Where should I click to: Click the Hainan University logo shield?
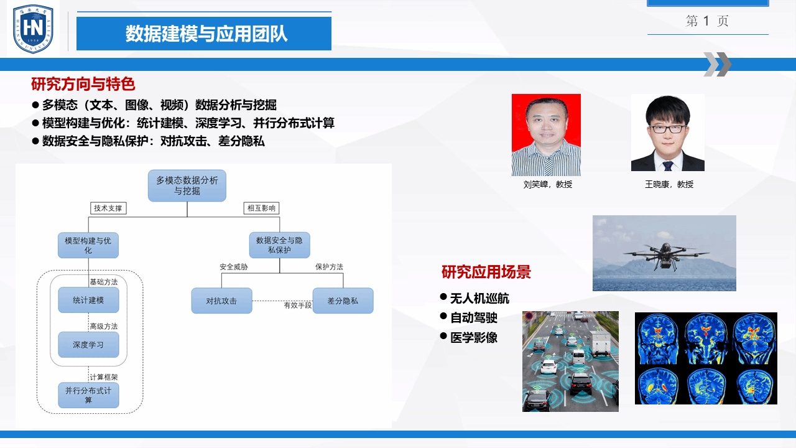click(33, 29)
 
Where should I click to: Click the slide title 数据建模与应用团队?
click(206, 34)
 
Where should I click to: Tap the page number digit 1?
click(706, 21)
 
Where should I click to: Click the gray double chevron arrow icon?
click(718, 64)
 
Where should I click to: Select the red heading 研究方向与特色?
click(83, 84)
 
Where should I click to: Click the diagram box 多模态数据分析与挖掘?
click(187, 185)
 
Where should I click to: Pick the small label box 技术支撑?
click(108, 208)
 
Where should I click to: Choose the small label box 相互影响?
click(261, 208)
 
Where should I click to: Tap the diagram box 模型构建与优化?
click(88, 245)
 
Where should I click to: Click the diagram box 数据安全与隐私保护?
click(279, 245)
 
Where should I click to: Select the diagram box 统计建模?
click(88, 300)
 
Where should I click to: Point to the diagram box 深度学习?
click(88, 345)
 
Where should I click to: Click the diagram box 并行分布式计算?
click(88, 395)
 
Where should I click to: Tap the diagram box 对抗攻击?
click(222, 301)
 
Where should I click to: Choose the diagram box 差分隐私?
click(343, 301)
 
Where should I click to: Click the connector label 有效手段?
click(297, 305)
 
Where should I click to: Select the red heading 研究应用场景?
click(486, 272)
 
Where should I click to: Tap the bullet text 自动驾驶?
click(474, 318)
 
